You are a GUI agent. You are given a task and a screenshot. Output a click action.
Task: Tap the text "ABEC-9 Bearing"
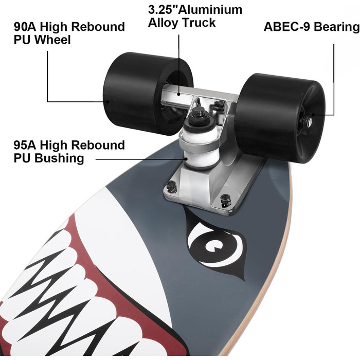pyautogui.click(x=311, y=27)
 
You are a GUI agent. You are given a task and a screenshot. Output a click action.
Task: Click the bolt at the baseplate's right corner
pyautogui.click(x=225, y=200)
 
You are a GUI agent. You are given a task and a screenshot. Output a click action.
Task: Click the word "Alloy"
pyautogui.click(x=163, y=23)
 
